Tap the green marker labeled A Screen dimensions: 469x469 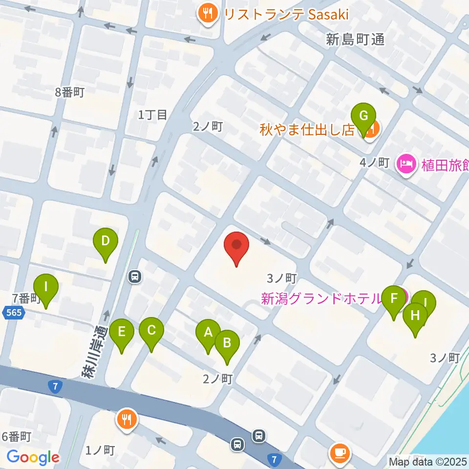[x=208, y=333]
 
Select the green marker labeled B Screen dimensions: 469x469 [x=227, y=343]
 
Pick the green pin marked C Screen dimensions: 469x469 [x=151, y=331]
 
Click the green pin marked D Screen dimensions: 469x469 [x=106, y=241]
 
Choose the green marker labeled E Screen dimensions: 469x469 [x=122, y=333]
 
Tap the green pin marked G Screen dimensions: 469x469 [x=363, y=117]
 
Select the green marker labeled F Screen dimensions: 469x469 [x=394, y=299]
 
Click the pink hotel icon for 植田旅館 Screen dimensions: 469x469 [x=405, y=163]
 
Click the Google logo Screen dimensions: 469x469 [x=33, y=457]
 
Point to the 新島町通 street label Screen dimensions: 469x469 [x=355, y=40]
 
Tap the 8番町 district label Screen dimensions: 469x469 [x=70, y=92]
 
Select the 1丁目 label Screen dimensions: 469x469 [x=153, y=115]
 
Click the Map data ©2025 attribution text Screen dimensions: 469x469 [x=428, y=461]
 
